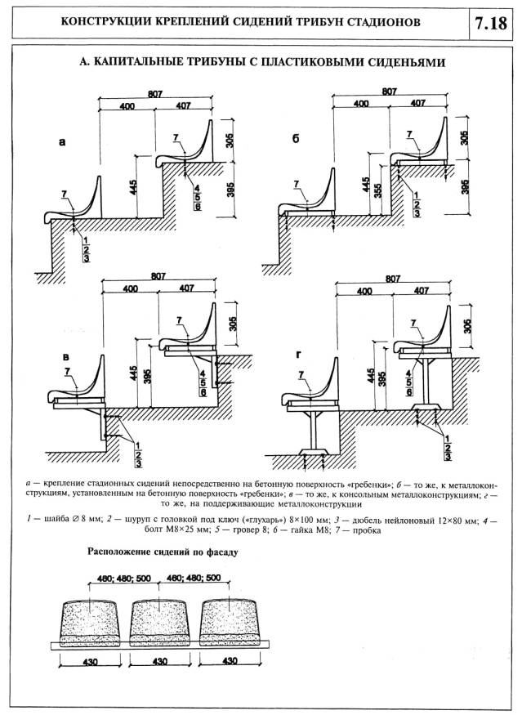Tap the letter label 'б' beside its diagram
[x=295, y=140]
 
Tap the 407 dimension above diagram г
[x=419, y=291]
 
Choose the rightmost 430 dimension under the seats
[x=230, y=661]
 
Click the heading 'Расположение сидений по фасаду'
[x=163, y=552]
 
